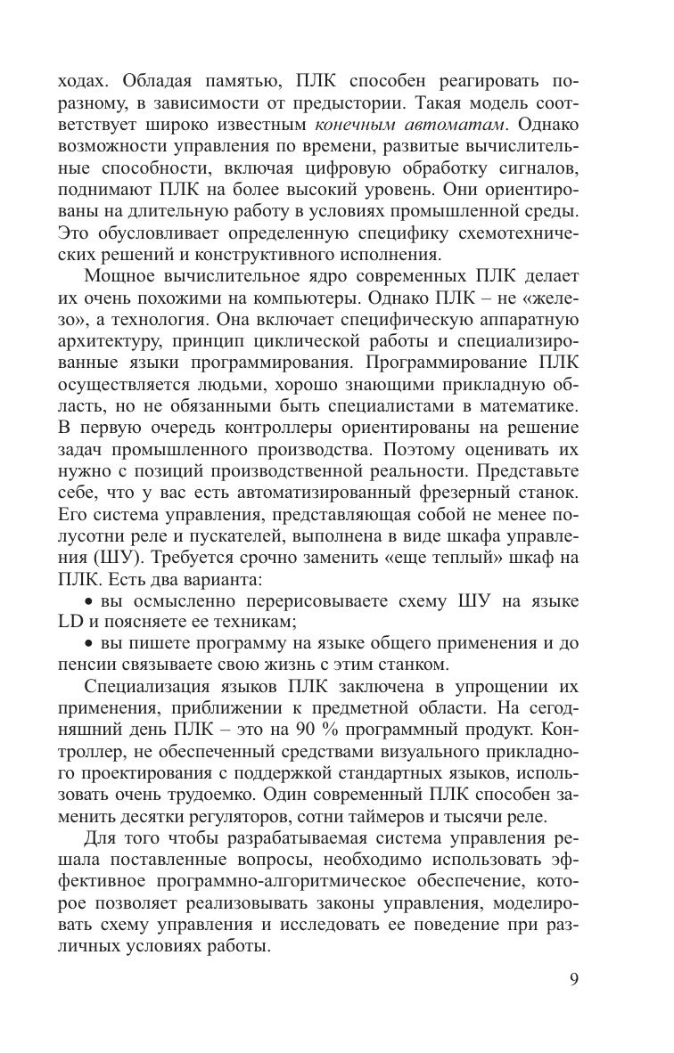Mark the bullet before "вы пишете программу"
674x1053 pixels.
pos(88,645)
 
